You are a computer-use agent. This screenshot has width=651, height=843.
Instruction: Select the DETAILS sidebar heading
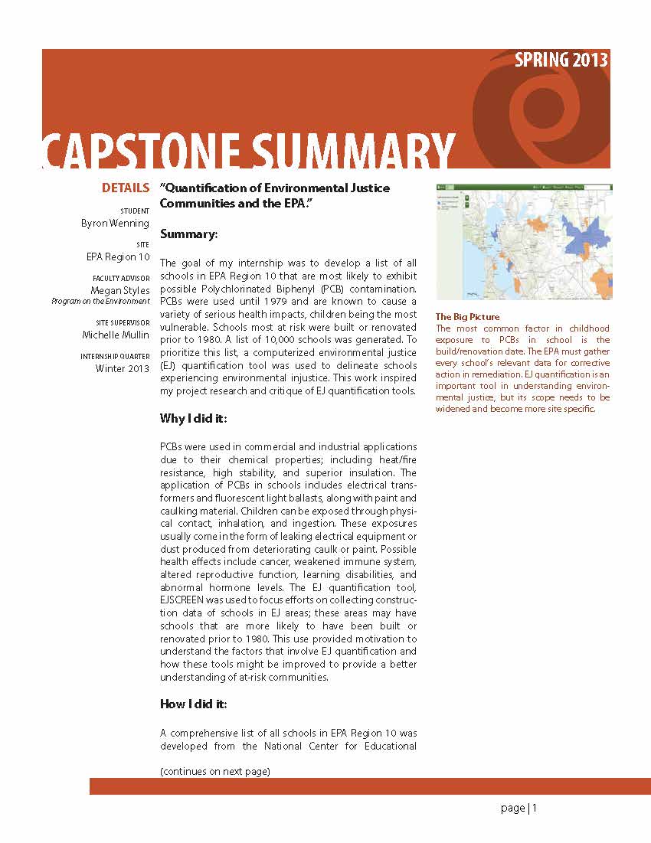[126, 188]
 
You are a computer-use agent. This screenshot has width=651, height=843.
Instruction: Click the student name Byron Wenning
[115, 224]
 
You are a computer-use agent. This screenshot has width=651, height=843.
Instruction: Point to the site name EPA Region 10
[118, 257]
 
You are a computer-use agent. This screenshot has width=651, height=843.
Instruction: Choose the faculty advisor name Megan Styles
[120, 290]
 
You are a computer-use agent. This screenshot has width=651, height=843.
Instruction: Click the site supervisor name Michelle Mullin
[116, 335]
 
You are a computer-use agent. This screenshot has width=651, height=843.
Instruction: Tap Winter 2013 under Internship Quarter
[123, 368]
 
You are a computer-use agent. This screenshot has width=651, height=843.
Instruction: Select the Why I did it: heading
[193, 418]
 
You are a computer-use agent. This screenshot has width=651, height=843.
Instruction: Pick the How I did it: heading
[193, 704]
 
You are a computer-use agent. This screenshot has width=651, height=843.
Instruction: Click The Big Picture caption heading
[467, 317]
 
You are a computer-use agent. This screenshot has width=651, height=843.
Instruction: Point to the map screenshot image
[523, 241]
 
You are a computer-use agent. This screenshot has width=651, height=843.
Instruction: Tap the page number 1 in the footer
[535, 809]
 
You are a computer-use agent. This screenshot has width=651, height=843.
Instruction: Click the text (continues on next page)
[214, 771]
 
